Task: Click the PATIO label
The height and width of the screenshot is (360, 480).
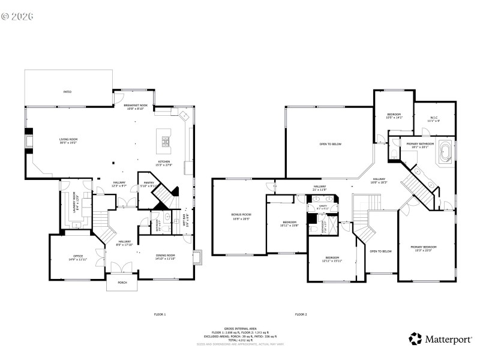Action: [x=67, y=92]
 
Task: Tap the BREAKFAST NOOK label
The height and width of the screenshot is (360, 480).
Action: [x=136, y=106]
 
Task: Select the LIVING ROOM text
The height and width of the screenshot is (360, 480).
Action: [x=68, y=139]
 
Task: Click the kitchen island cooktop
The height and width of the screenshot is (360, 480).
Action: [x=164, y=142]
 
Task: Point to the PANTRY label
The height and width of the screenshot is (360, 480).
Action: [x=148, y=183]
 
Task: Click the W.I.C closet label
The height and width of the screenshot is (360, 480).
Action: [x=434, y=118]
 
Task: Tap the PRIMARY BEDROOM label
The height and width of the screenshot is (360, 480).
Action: [x=424, y=247]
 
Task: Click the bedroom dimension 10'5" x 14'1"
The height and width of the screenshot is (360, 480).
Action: [x=394, y=118]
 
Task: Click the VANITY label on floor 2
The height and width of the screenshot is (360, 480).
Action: [x=323, y=206]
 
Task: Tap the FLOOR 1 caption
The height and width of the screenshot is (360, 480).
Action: [x=160, y=314]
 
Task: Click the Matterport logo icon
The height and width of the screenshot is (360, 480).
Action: [x=415, y=339]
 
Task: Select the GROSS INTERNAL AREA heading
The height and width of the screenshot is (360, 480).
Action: [x=240, y=329]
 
